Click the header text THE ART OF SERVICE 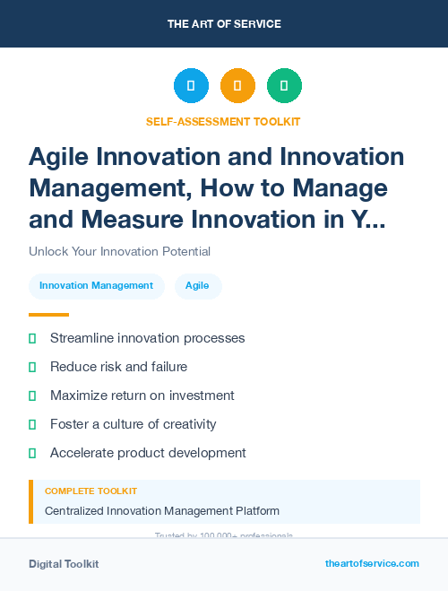224,24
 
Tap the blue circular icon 191,85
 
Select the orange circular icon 237,85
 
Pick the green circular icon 284,85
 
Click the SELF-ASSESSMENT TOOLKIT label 223,121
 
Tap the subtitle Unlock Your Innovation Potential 119,251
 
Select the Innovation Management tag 96,285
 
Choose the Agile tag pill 197,285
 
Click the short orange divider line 48,315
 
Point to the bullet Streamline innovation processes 147,338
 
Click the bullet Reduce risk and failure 118,367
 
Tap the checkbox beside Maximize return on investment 33,395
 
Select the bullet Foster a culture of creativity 133,424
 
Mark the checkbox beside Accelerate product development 33,453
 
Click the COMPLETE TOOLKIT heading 90,491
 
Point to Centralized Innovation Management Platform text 162,511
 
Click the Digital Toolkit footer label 64,564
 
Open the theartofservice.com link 372,563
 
